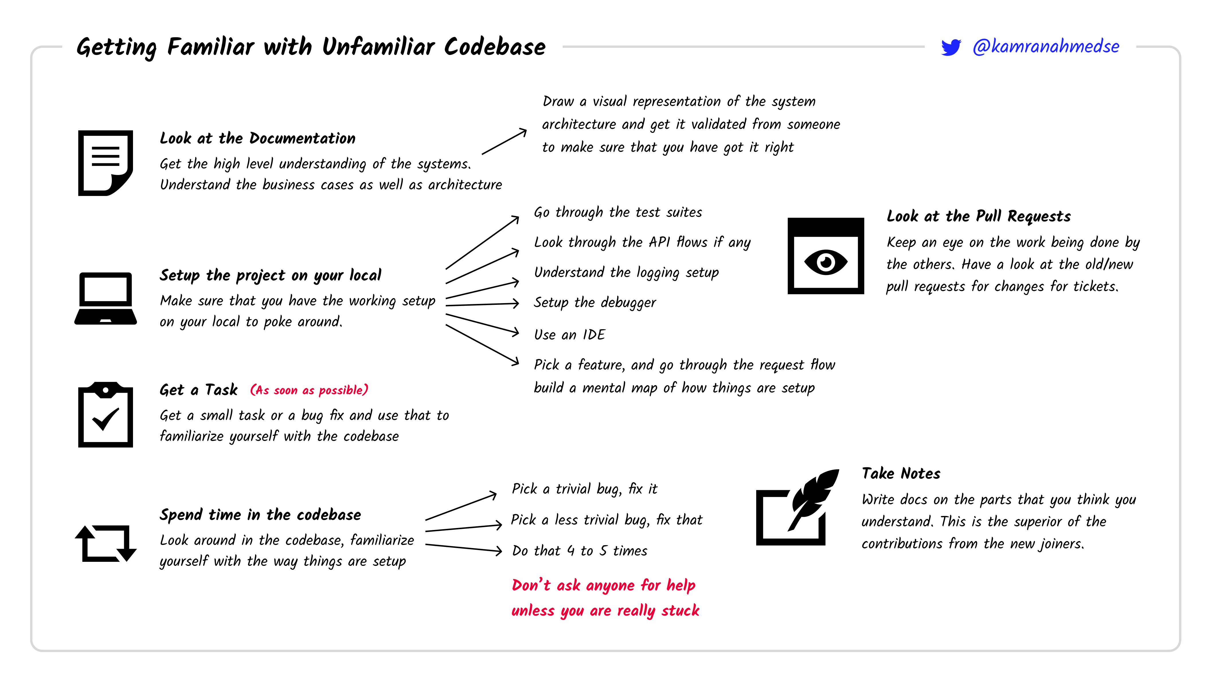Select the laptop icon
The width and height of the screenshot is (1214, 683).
(x=105, y=299)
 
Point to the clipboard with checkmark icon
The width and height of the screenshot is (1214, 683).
(x=105, y=415)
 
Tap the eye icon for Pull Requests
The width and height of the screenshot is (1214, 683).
(x=826, y=256)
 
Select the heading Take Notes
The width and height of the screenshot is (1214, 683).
(x=901, y=473)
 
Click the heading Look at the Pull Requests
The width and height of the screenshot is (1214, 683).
(x=978, y=216)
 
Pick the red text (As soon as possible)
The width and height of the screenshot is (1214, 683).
(x=309, y=390)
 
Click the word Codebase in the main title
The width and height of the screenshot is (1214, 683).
(x=494, y=47)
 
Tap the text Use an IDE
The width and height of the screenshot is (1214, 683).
(x=569, y=334)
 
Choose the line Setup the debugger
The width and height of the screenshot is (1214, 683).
(x=595, y=303)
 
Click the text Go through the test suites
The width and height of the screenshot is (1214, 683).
(x=618, y=213)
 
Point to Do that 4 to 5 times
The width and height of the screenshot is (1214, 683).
(x=580, y=551)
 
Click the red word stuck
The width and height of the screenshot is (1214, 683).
(x=680, y=611)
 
